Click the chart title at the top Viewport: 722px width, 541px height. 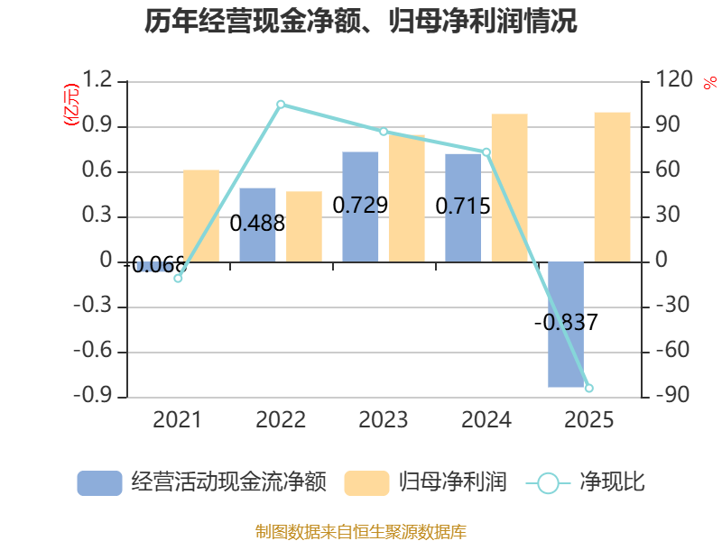(x=360, y=22)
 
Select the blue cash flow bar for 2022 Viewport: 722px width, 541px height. (x=257, y=225)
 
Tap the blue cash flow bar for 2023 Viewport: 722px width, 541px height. (x=360, y=206)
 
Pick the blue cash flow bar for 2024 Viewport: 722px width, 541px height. (x=463, y=207)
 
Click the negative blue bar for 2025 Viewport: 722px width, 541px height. (x=566, y=325)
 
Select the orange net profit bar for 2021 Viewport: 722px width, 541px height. (x=201, y=215)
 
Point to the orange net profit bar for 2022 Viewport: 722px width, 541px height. (x=304, y=226)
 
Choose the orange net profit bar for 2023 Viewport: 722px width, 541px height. (x=407, y=198)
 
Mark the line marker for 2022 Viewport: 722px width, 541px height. (x=281, y=105)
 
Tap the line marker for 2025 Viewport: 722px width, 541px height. (x=589, y=388)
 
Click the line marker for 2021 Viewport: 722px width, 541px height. (x=178, y=278)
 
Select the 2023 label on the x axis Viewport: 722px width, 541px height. (x=384, y=420)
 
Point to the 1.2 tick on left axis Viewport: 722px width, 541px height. (x=98, y=81)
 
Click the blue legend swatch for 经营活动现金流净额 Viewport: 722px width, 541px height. (x=99, y=483)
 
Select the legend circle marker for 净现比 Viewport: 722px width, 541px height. (x=548, y=483)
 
